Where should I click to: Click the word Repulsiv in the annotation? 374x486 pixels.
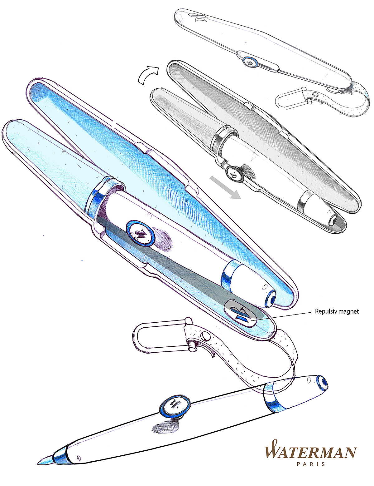[325, 311]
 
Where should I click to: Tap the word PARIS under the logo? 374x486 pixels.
[311, 464]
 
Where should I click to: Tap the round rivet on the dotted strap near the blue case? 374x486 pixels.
[205, 336]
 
